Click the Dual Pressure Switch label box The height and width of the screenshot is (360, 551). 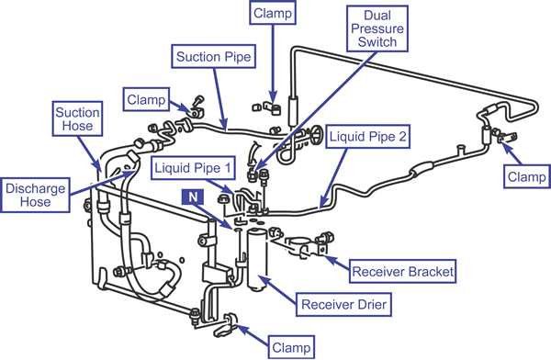coord(377,28)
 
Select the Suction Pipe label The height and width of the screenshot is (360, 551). coord(214,56)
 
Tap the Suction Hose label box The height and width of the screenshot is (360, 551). coord(77,118)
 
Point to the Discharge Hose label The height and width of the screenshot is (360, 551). coord(35,195)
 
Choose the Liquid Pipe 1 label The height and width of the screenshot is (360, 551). coord(193,168)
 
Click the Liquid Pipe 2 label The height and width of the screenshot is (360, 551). coord(367,136)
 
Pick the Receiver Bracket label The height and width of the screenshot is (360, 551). coord(403,272)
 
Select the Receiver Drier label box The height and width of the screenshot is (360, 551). coord(343,305)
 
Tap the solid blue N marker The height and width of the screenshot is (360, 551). coord(193,197)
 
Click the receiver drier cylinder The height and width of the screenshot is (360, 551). coord(257,260)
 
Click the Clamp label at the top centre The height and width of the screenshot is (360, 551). coord(273,13)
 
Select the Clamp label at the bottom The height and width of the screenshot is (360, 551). coord(291,347)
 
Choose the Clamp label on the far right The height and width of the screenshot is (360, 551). coord(527,176)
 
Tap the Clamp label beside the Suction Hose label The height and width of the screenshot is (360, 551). coord(146,99)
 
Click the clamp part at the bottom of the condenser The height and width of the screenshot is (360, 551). coord(225,324)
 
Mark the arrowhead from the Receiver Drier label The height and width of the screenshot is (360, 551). coord(263,278)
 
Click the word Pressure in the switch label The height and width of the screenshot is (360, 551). coord(377,28)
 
